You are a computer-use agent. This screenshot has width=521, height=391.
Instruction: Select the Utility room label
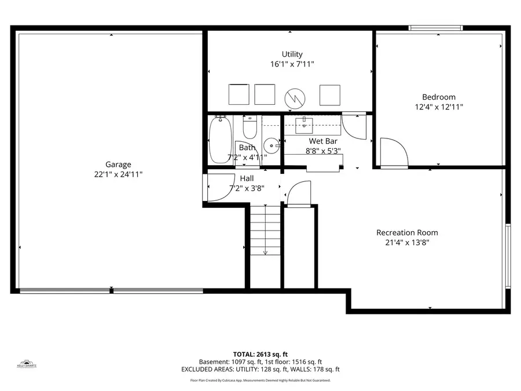[x=292, y=54]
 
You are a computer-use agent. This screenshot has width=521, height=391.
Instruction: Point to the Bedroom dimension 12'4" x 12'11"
[x=438, y=107]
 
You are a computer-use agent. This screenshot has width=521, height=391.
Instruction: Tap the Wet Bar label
[x=322, y=141]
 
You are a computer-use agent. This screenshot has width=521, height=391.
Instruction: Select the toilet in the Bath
[x=250, y=127]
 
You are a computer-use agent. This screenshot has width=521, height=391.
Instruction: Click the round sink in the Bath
[x=270, y=145]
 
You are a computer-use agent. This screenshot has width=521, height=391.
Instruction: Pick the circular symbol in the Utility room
[x=294, y=96]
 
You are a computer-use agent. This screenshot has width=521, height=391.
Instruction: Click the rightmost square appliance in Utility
[x=330, y=94]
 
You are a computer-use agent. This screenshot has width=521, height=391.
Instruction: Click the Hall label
[x=245, y=178]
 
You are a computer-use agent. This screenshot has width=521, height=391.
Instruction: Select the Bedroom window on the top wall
[x=435, y=27]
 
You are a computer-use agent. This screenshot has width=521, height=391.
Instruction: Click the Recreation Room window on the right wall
[x=508, y=255]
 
